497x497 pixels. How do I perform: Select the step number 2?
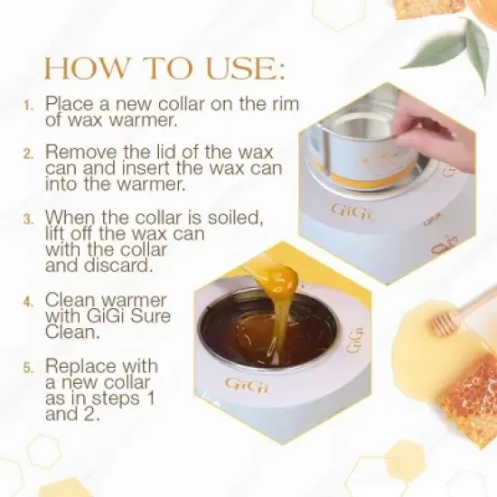(x=27, y=152)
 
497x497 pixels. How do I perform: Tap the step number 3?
(x=27, y=218)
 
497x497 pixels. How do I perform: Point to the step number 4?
(x=27, y=301)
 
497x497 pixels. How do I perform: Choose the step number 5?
(x=27, y=367)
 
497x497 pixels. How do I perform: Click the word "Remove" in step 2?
(x=81, y=151)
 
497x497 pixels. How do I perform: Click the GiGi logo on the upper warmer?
(x=346, y=210)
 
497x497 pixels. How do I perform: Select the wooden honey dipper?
(x=461, y=313)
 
